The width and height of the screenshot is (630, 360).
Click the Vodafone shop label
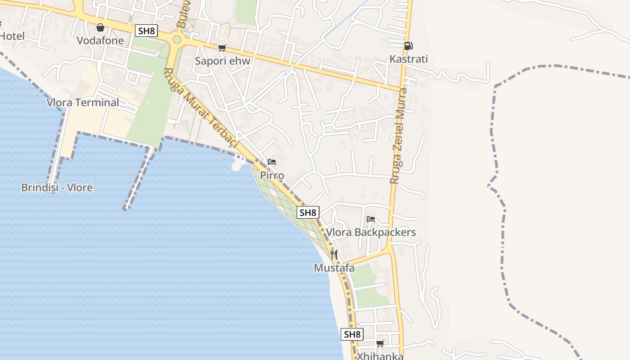click(x=100, y=40)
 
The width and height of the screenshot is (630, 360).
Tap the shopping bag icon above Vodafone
click(x=100, y=28)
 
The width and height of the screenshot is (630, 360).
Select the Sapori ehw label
click(x=222, y=61)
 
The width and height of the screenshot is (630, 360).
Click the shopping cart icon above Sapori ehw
click(x=222, y=48)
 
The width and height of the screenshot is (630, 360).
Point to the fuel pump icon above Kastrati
click(x=408, y=45)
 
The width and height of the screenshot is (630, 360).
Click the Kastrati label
click(x=408, y=59)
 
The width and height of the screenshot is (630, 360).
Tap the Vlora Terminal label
click(x=83, y=103)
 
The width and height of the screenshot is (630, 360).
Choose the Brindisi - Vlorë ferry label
click(x=57, y=188)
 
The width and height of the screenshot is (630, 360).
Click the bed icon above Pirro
click(x=272, y=162)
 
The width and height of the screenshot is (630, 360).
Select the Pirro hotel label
click(x=272, y=175)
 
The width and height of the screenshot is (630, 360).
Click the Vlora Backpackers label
click(x=371, y=233)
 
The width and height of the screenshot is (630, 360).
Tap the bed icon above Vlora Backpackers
click(x=371, y=219)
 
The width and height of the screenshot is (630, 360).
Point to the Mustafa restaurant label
click(x=334, y=268)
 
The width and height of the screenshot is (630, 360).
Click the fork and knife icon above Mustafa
click(x=334, y=255)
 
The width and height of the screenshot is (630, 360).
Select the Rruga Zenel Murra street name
click(x=398, y=135)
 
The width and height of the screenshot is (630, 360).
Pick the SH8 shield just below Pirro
click(x=308, y=212)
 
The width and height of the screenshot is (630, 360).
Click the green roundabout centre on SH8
click(x=176, y=40)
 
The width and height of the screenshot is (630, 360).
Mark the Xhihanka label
click(x=380, y=356)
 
